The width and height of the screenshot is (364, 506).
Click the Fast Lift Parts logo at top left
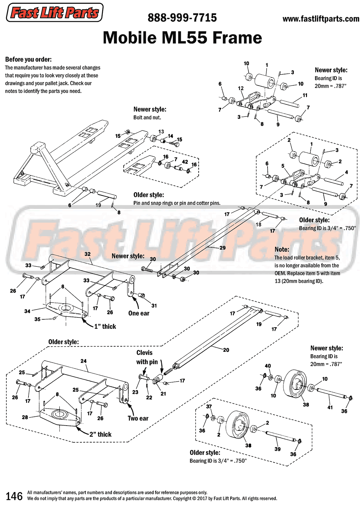55,13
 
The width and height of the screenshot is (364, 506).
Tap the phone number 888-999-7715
182,18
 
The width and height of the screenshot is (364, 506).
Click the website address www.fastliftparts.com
321,19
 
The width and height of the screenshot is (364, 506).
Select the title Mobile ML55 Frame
182,38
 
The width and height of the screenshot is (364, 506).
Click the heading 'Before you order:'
28,59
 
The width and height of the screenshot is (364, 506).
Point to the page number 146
14,496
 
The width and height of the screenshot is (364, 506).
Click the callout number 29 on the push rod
222,248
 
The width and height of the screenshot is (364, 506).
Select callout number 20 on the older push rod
226,350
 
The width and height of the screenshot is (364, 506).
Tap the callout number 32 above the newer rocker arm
87,254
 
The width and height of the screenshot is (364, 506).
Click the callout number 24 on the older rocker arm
83,361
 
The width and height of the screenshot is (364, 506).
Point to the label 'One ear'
139,313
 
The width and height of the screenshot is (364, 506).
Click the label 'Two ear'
138,418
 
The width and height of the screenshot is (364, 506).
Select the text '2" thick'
100,434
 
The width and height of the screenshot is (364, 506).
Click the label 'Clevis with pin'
147,357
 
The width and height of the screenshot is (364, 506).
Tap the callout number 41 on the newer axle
330,407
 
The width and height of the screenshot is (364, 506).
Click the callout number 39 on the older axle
277,449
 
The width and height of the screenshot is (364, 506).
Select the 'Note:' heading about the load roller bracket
282,250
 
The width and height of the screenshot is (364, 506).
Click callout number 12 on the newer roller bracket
241,88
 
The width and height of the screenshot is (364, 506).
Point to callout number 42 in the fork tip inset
185,162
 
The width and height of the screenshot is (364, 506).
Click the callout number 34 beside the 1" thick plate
27,311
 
